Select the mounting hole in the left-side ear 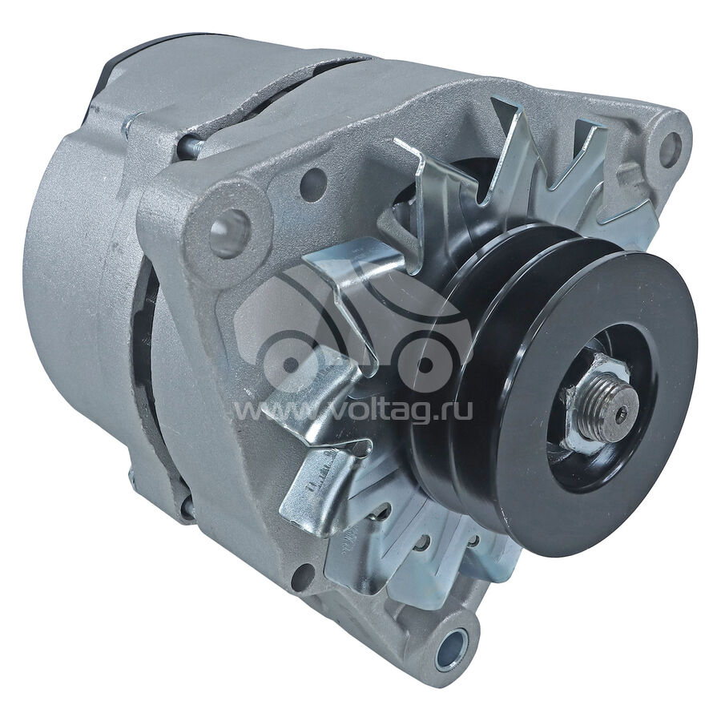click(229, 233)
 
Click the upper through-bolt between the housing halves click(188, 147)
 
